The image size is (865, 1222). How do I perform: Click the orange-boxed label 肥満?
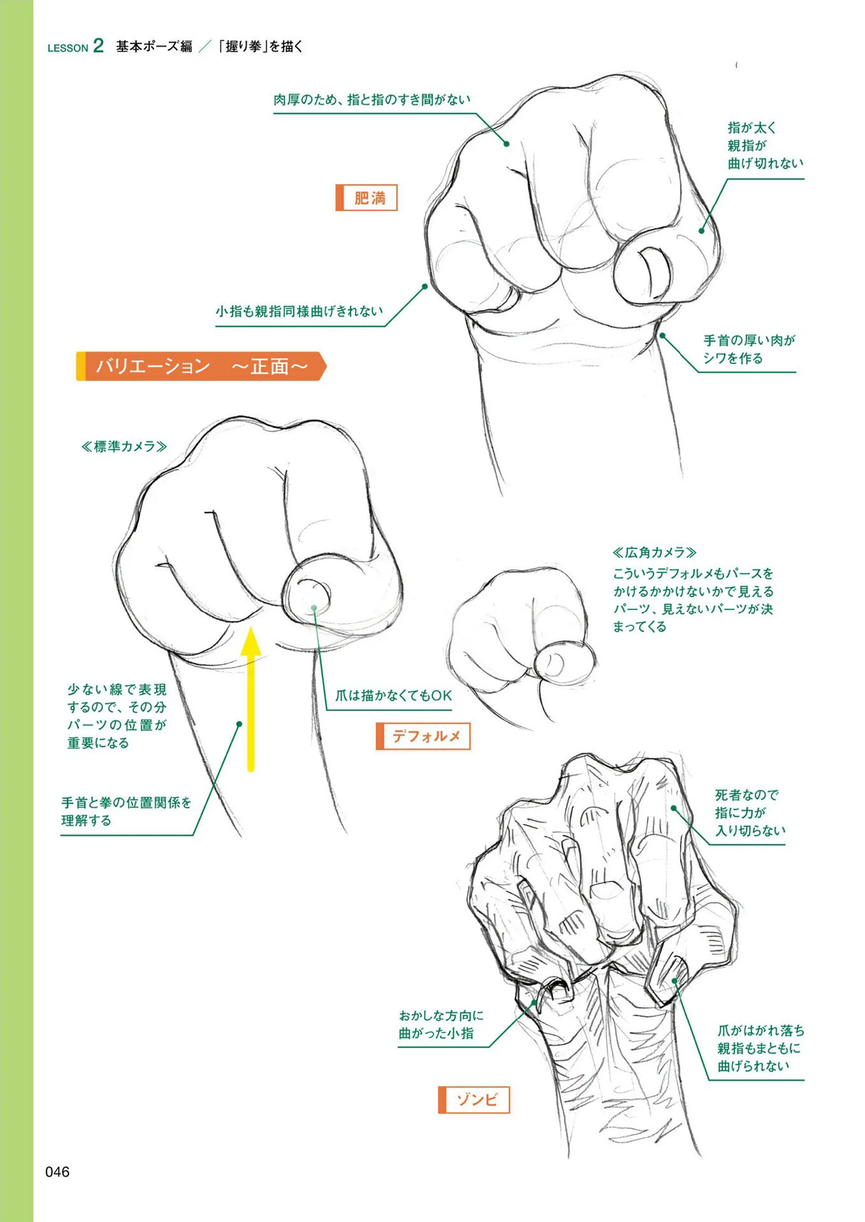coord(367,198)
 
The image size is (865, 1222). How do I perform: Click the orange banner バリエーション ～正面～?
coord(201,366)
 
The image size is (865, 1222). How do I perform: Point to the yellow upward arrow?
coord(250,700)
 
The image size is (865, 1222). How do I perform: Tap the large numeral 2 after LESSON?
coord(98,45)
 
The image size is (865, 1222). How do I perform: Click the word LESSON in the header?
coord(68,48)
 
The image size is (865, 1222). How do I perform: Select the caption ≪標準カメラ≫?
coord(124,446)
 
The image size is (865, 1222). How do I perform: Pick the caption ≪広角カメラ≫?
coord(655,552)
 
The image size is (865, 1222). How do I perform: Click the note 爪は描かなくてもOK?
coord(394,696)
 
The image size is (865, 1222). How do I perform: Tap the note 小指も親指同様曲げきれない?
coord(299,311)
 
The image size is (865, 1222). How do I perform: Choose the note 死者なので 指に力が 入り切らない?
coord(750,812)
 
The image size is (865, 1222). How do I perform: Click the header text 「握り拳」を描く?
coord(261,47)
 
